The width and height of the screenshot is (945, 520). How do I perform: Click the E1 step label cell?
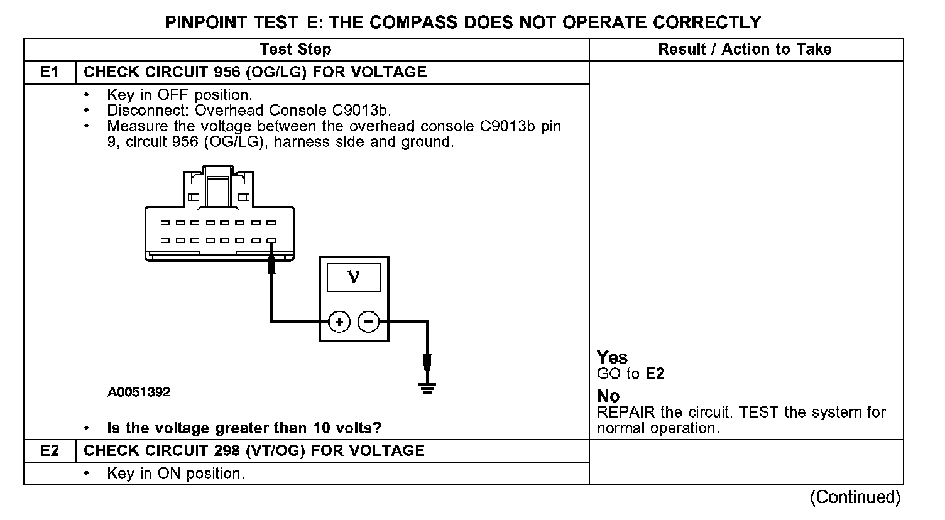[x=50, y=72]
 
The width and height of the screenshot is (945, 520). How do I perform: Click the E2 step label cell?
[x=50, y=451]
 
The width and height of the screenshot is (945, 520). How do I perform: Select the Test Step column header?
[x=295, y=50]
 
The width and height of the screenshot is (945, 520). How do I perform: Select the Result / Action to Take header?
[x=745, y=50]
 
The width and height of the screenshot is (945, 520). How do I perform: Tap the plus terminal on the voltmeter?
[x=339, y=323]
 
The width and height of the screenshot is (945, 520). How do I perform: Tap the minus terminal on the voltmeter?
[x=369, y=323]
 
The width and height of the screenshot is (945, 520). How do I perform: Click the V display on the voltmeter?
[x=354, y=277]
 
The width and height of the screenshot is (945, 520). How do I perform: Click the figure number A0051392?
[x=138, y=393]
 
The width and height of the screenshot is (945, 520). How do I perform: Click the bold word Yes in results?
[x=612, y=358]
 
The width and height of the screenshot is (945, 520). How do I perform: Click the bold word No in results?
[x=608, y=397]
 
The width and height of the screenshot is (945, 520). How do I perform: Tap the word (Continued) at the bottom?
[x=855, y=497]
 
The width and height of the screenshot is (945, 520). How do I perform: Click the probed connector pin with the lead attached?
[x=271, y=241]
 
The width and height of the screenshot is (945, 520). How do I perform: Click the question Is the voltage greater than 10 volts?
[x=244, y=428]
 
